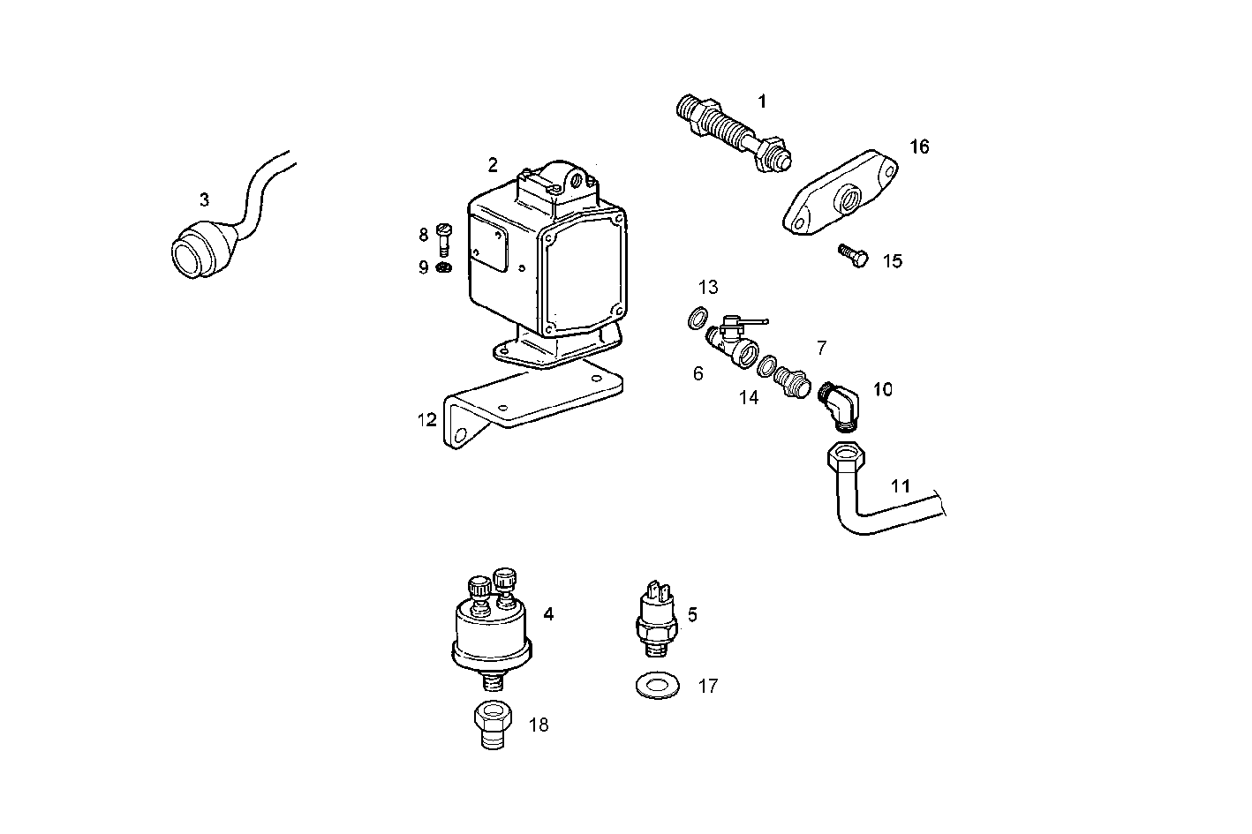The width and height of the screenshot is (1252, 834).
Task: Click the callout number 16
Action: [919, 147]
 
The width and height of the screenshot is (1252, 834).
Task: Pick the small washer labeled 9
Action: [444, 267]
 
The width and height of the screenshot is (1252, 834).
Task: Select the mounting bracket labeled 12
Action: [530, 402]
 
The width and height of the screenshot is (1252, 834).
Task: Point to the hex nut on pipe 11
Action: [847, 458]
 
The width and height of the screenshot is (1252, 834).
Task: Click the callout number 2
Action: [493, 164]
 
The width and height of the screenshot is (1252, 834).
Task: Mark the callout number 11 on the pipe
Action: [900, 485]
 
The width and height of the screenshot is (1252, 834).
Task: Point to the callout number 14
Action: [748, 398]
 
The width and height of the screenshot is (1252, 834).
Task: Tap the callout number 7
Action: [821, 348]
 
